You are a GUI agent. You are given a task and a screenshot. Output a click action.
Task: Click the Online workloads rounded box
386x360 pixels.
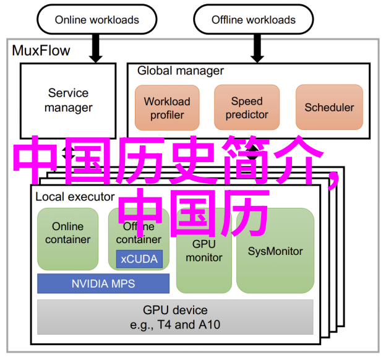(x=97, y=20)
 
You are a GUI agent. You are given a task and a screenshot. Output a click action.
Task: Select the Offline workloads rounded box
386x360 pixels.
(x=254, y=20)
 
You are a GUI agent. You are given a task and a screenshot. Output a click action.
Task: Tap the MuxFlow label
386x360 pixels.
(x=41, y=51)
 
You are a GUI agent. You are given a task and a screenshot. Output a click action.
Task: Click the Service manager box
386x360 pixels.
(x=69, y=100)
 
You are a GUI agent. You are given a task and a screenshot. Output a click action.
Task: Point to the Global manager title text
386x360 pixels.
(x=181, y=71)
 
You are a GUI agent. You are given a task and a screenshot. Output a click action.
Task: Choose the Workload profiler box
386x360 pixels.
(x=167, y=108)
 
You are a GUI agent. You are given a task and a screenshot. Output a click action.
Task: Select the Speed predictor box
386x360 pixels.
(x=247, y=108)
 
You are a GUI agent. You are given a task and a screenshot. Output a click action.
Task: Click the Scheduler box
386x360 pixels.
(x=329, y=108)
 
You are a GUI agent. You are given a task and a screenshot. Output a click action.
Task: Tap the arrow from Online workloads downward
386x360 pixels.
(x=96, y=48)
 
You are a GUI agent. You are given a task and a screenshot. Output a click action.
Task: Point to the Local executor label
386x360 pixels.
(x=75, y=197)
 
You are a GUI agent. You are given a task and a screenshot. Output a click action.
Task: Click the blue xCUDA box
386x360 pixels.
(x=139, y=259)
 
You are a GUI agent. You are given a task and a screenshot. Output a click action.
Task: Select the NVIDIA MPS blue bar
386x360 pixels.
(x=103, y=284)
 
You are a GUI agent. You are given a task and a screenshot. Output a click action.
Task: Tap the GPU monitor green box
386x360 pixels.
(x=204, y=251)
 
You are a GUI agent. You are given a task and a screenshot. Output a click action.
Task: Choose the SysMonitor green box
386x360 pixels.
(x=275, y=251)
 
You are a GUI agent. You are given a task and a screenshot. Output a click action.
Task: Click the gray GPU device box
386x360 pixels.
(x=176, y=317)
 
